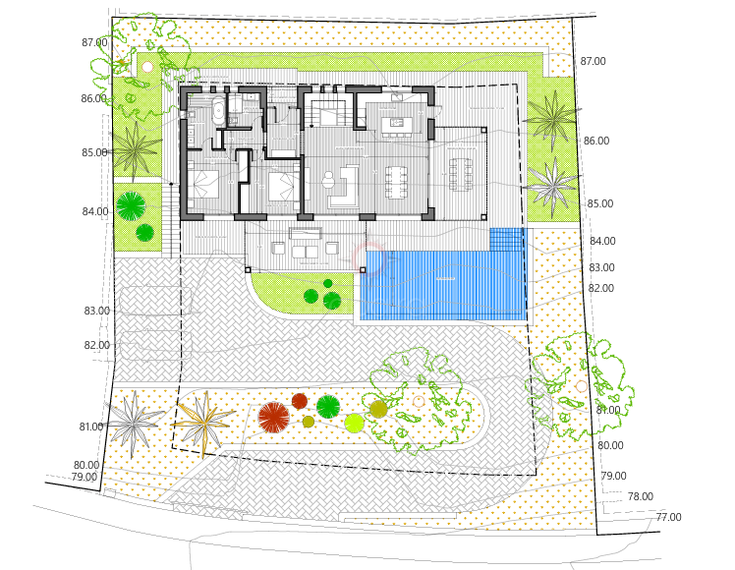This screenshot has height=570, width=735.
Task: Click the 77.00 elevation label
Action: (x=668, y=517)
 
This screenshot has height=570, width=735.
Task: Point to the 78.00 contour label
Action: (x=640, y=497)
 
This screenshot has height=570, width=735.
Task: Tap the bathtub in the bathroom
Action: (x=218, y=110)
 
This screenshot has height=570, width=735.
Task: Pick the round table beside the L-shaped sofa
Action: (x=329, y=178)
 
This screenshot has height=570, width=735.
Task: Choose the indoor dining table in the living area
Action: (x=396, y=180)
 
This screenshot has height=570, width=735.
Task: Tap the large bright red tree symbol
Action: (x=273, y=417)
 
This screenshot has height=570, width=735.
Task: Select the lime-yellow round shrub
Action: (x=355, y=424)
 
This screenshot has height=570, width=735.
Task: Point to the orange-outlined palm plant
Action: (x=206, y=423)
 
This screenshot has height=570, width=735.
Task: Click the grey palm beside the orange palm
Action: (x=136, y=421)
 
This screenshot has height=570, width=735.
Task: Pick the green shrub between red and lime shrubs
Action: (x=327, y=406)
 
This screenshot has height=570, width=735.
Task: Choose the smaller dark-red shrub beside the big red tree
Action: (x=300, y=401)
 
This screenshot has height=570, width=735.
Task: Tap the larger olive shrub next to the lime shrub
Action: (x=378, y=408)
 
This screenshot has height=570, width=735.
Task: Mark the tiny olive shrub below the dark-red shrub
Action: (x=309, y=422)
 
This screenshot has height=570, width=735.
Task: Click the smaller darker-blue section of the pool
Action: (x=506, y=239)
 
